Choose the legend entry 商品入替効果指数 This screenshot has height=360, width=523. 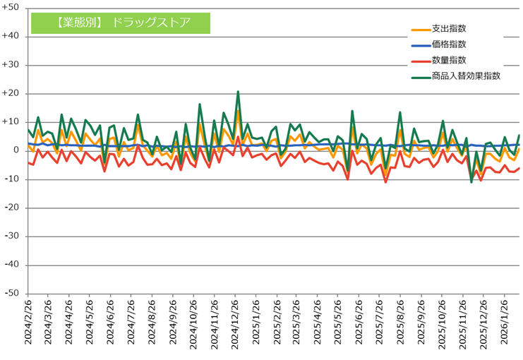(466, 76)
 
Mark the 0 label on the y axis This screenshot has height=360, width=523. (19, 150)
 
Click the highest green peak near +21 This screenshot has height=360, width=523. (238, 92)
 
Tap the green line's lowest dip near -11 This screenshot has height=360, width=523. (471, 182)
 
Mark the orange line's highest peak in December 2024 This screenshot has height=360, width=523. (238, 111)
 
